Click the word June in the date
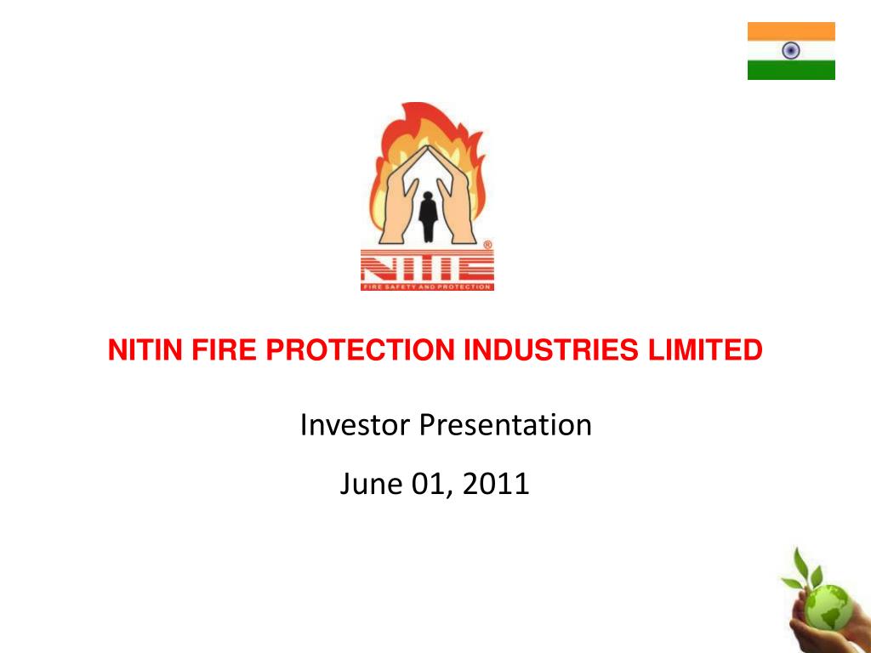[367, 484]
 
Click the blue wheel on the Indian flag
[791, 51]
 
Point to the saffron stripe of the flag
[791, 31]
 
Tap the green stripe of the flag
[791, 71]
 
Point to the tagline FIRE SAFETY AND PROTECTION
[426, 287]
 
